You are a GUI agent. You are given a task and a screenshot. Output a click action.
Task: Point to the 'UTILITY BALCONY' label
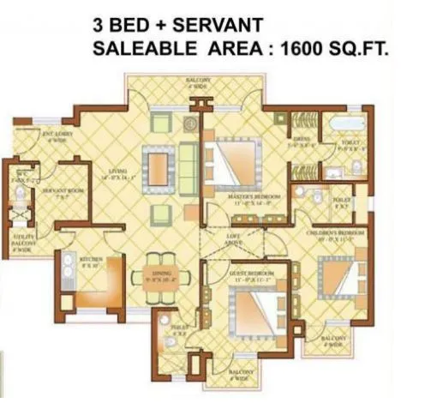tap(23, 244)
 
